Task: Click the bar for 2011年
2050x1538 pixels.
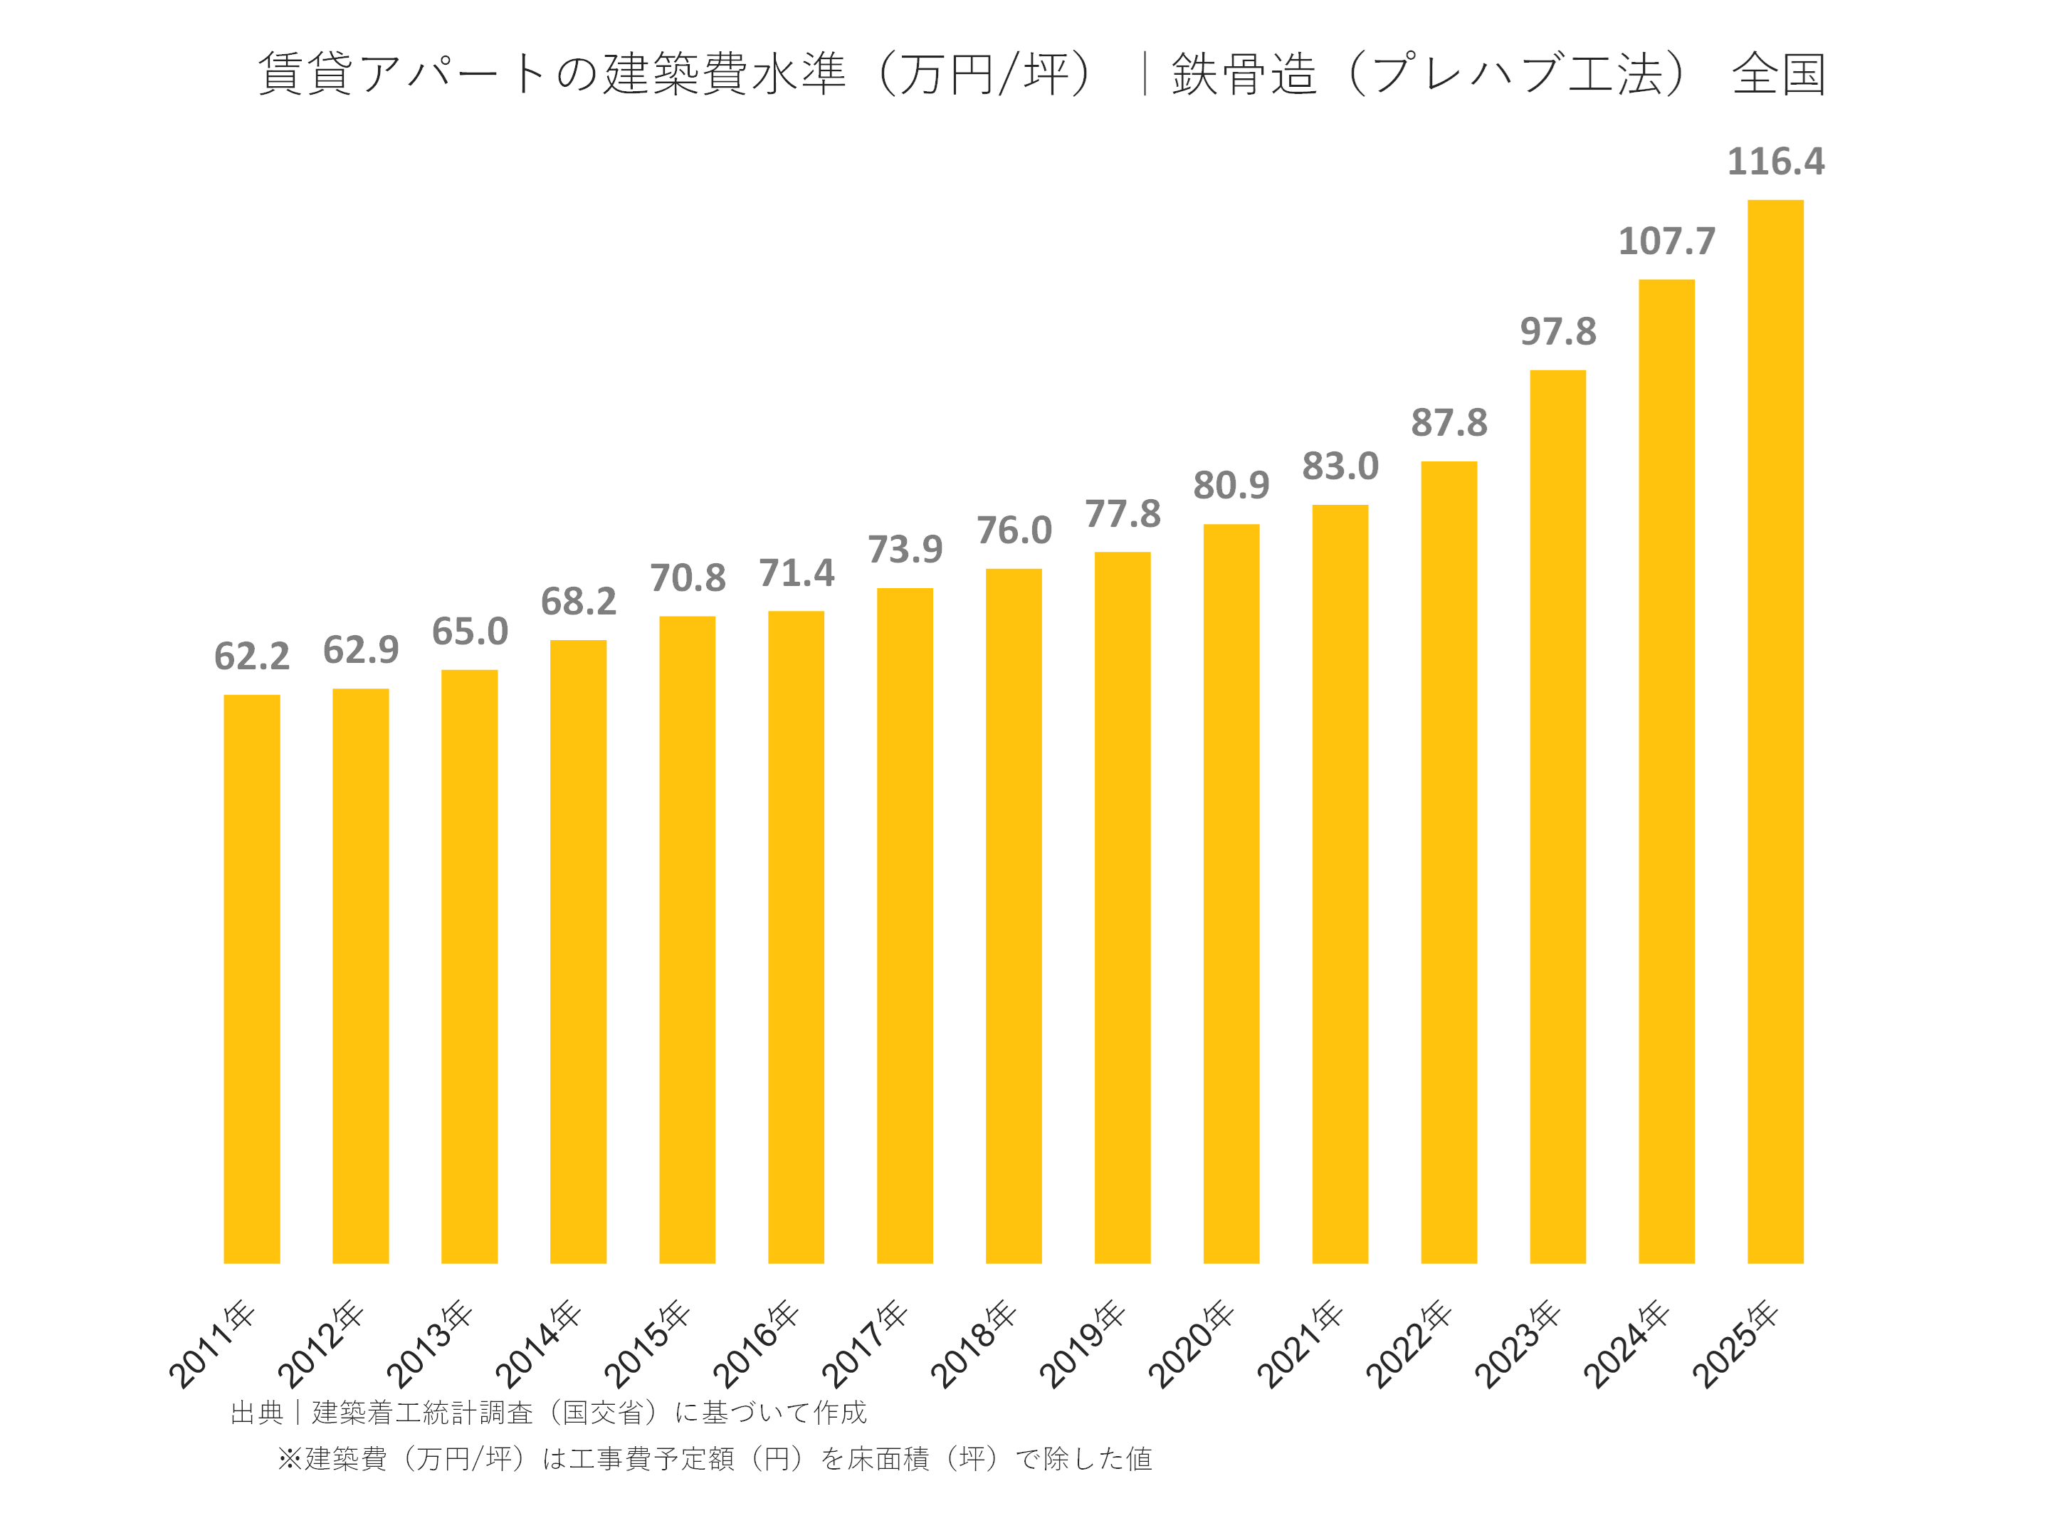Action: (251, 978)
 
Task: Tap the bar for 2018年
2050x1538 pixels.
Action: (1013, 915)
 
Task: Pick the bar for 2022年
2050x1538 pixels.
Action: (1449, 862)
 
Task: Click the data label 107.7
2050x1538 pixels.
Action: (1666, 242)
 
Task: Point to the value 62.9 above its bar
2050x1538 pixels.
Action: (360, 650)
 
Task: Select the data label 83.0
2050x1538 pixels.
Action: (1340, 466)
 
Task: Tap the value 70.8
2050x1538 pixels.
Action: (687, 578)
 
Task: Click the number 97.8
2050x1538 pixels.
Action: (1558, 332)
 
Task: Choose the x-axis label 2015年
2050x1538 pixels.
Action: (648, 1344)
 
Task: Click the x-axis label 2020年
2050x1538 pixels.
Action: (1192, 1344)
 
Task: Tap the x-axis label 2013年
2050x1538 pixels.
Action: (430, 1344)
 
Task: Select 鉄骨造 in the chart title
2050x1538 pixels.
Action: (1243, 74)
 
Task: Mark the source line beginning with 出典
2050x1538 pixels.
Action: (547, 1412)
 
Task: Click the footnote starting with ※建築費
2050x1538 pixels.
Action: (715, 1458)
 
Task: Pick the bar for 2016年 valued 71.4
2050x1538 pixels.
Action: (795, 936)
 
